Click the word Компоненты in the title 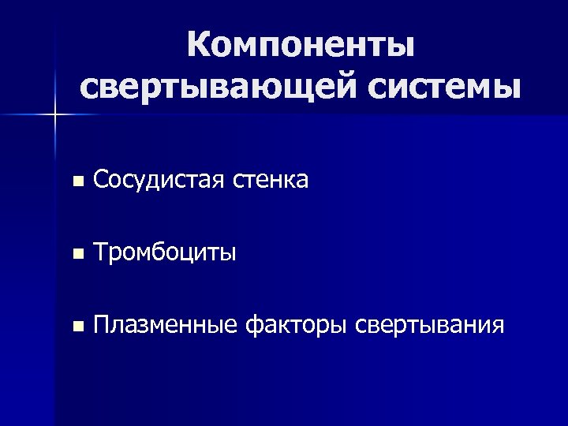301,47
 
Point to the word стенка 271,181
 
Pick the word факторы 297,325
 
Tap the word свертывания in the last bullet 431,325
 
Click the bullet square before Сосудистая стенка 76,182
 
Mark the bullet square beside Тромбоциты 76,254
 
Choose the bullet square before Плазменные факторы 76,325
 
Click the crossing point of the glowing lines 54,115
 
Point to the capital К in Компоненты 199,45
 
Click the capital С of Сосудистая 100,181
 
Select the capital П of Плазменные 102,324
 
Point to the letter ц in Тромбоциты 194,255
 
